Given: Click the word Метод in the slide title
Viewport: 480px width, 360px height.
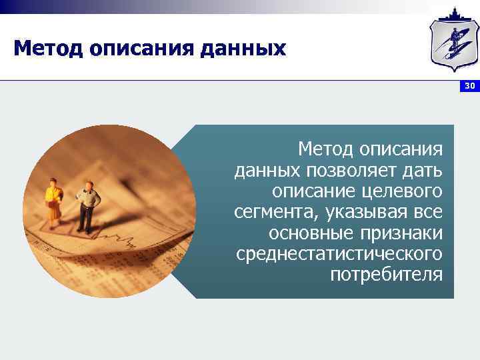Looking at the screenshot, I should (47, 49).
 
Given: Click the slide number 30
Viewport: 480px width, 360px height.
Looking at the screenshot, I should (470, 87).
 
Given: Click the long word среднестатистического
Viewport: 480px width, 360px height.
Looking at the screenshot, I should (339, 254).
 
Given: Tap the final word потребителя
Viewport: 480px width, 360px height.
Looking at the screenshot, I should (386, 275).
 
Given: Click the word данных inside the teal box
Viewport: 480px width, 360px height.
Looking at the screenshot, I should (266, 171).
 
